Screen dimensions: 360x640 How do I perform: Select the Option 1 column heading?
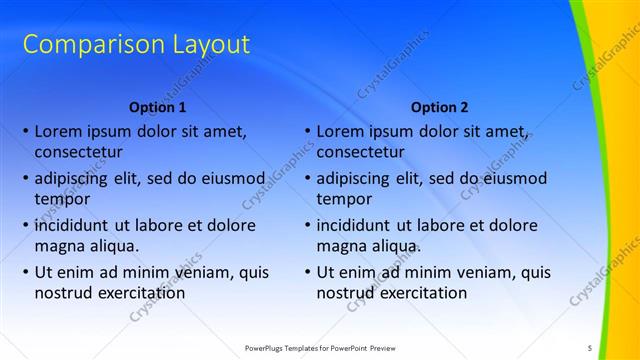click(x=158, y=107)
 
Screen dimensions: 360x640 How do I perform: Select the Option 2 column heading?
click(x=440, y=107)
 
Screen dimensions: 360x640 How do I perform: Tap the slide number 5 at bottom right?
click(x=590, y=347)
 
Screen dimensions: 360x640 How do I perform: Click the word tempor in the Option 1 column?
click(x=61, y=199)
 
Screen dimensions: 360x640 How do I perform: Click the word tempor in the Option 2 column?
click(x=343, y=199)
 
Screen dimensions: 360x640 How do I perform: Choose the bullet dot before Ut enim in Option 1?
click(x=24, y=272)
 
